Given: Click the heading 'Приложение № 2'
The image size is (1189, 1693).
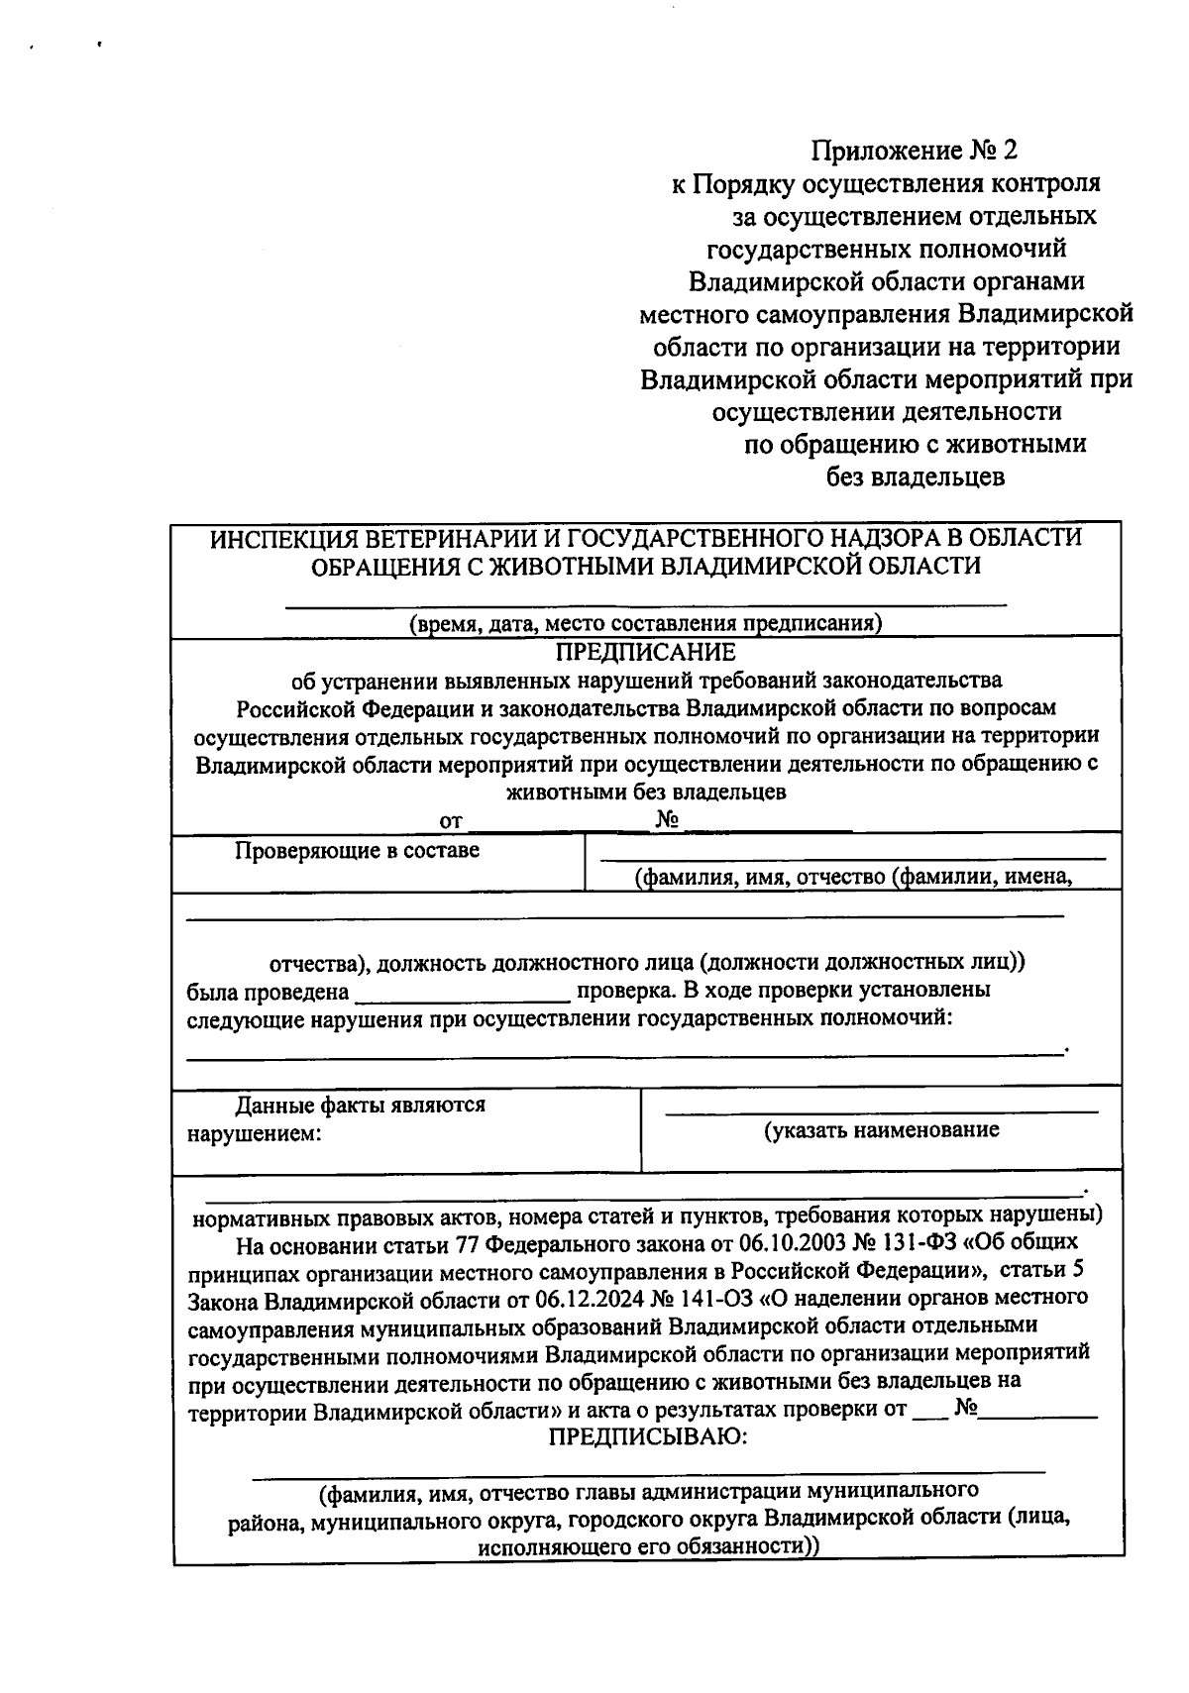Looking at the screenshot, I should pos(915,151).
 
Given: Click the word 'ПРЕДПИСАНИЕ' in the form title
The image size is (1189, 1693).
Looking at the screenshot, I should pos(645,652).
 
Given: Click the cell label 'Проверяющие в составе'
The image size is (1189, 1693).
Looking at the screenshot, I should pos(357,851).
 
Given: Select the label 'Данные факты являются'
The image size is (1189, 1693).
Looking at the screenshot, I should pos(360,1105).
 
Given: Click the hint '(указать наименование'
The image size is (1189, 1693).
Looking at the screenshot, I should pos(881,1130).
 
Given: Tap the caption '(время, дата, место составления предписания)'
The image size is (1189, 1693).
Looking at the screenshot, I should pos(646,623).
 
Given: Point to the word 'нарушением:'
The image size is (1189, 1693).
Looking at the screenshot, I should pos(255,1133).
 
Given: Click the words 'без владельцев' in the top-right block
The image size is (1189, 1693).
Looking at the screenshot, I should pos(916,477).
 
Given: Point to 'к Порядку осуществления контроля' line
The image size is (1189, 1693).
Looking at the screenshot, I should pos(886,183).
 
